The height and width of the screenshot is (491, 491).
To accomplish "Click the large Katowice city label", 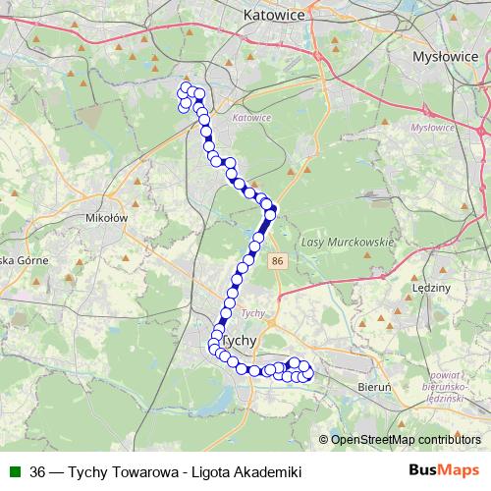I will (273, 16).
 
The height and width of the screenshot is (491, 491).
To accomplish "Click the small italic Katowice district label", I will (251, 118).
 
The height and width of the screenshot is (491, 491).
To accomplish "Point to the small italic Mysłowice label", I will (432, 128).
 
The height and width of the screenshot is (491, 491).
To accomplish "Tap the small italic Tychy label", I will (252, 313).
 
